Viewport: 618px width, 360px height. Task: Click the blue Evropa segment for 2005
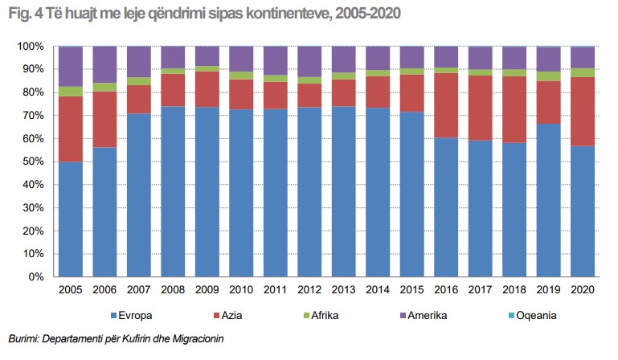click(x=70, y=219)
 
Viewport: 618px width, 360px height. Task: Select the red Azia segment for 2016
click(x=446, y=104)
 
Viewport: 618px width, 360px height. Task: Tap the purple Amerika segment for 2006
click(x=104, y=64)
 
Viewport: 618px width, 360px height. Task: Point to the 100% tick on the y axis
click(x=30, y=47)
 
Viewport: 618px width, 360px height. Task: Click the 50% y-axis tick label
click(x=32, y=162)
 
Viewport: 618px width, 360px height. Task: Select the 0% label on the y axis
click(x=35, y=277)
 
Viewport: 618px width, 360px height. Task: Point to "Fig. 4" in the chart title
click(x=23, y=14)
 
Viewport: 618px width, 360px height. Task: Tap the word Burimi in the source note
click(x=23, y=338)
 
